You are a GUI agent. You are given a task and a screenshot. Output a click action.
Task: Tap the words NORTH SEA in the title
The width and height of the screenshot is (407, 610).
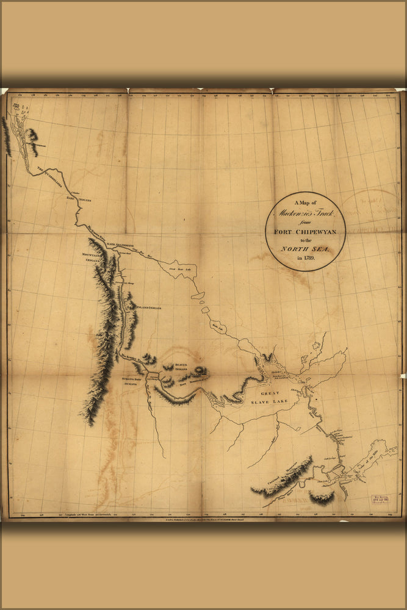pyautogui.click(x=306, y=248)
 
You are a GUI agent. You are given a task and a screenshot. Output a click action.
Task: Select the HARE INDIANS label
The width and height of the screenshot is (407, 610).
pyautogui.click(x=79, y=199)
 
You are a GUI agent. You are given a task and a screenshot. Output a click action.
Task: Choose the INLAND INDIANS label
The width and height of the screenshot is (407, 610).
pyautogui.click(x=146, y=308)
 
